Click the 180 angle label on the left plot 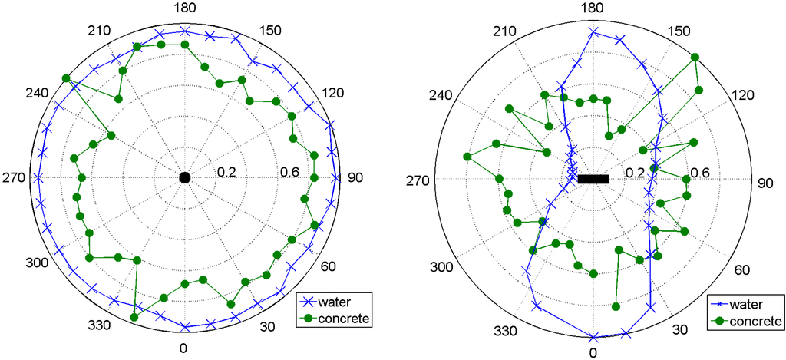click(184, 8)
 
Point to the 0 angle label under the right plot click(593, 352)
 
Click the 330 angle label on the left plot click(100, 325)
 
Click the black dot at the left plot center click(184, 178)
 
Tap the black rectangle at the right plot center click(593, 179)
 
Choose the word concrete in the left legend click(344, 316)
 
